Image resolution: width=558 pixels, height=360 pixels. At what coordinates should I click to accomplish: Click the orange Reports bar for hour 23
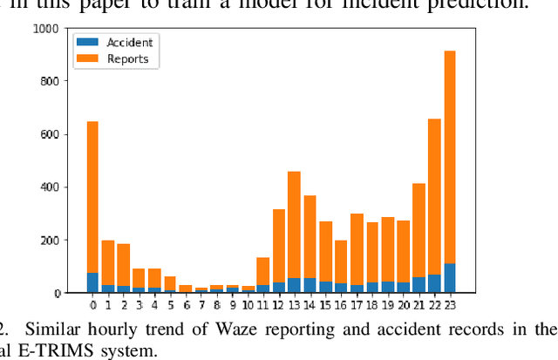pyautogui.click(x=450, y=157)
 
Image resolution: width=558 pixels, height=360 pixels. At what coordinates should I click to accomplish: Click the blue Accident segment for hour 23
pyautogui.click(x=450, y=278)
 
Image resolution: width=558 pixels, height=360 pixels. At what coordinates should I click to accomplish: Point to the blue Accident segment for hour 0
pyautogui.click(x=92, y=282)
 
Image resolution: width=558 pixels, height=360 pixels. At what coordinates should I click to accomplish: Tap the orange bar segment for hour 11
pyautogui.click(x=262, y=271)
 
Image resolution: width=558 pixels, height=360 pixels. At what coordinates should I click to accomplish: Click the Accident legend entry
pyautogui.click(x=130, y=43)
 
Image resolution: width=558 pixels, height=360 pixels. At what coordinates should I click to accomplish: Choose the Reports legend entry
pyautogui.click(x=127, y=59)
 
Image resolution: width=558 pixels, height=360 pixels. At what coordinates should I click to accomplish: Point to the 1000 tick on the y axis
pyautogui.click(x=46, y=29)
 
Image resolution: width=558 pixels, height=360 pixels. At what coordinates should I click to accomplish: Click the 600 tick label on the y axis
pyautogui.click(x=49, y=134)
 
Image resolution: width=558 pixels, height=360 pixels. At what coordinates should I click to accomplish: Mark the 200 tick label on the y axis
pyautogui.click(x=49, y=240)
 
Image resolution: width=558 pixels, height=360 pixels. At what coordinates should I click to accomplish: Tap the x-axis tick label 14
pyautogui.click(x=310, y=305)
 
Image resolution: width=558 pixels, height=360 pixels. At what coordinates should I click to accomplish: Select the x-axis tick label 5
pyautogui.click(x=171, y=305)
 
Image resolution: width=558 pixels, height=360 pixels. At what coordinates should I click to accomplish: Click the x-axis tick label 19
pyautogui.click(x=387, y=305)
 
